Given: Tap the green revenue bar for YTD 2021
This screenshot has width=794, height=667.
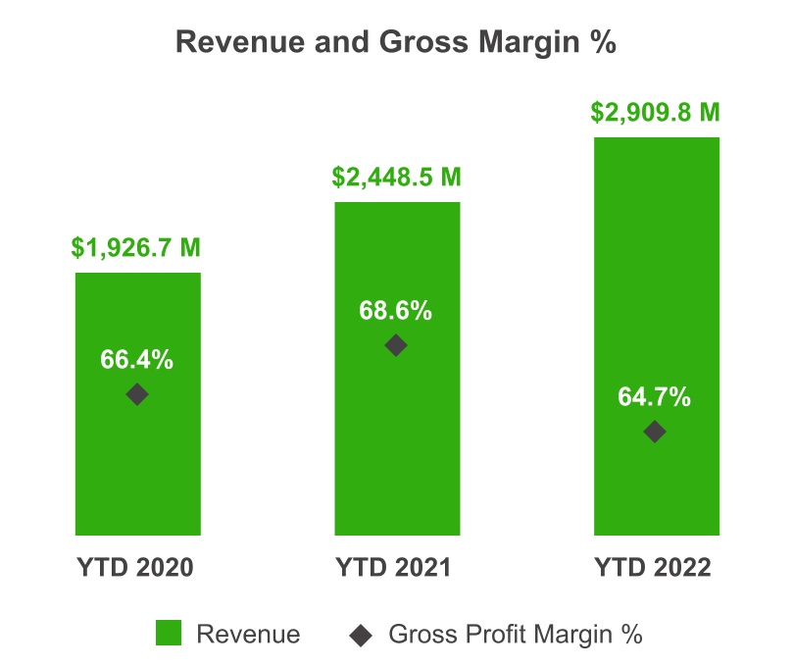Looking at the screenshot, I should [x=396, y=441].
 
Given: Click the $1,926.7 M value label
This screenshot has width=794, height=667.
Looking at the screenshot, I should [x=137, y=248].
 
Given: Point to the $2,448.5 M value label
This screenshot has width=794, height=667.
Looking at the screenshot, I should [x=396, y=178].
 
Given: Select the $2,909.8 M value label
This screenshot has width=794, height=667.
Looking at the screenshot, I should [x=656, y=112].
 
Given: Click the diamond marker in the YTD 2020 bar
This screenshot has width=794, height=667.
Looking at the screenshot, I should [x=137, y=394].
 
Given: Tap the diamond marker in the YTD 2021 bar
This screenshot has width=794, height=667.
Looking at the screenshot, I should [x=396, y=345].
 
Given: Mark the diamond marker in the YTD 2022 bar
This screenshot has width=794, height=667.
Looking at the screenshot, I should [x=655, y=432].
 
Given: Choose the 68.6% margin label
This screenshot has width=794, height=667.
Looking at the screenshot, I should [x=396, y=311].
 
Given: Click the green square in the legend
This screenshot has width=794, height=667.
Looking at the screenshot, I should [x=169, y=635].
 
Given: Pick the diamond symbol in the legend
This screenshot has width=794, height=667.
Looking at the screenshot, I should [x=362, y=635].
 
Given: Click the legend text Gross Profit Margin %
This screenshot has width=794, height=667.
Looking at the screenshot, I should [x=516, y=635].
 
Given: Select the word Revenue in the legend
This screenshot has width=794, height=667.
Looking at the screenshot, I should [x=248, y=635].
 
